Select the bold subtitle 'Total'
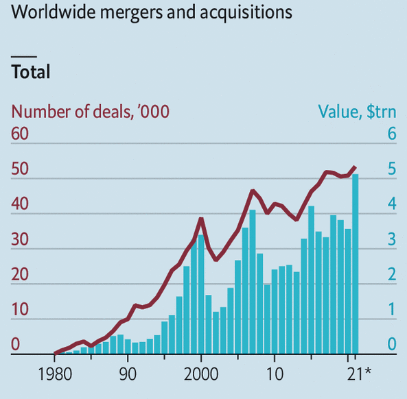click(x=31, y=72)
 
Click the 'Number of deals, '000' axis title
click(x=91, y=111)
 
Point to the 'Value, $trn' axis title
click(x=357, y=111)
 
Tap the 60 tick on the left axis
click(x=20, y=134)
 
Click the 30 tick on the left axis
click(x=20, y=239)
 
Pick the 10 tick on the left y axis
click(x=20, y=309)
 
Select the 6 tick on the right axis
click(x=392, y=134)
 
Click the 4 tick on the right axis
click(x=392, y=204)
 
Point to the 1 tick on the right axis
click(x=392, y=309)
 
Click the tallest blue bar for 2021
click(x=356, y=264)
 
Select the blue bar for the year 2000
click(x=201, y=295)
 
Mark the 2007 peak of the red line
click(x=253, y=191)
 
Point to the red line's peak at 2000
click(x=201, y=219)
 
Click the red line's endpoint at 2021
click(x=355, y=167)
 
